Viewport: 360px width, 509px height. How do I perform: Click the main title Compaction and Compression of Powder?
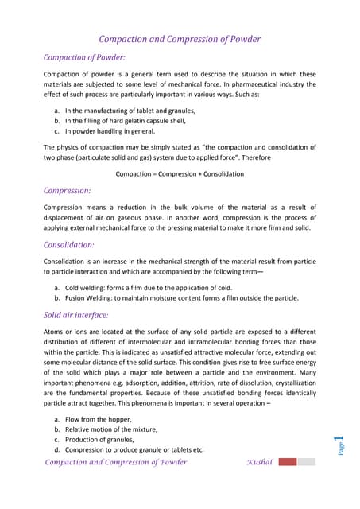coord(180,38)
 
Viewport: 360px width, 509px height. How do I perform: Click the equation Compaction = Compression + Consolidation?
coord(180,173)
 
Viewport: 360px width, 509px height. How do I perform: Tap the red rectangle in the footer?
coord(288,462)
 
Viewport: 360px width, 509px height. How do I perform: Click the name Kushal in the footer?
coord(259,462)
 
